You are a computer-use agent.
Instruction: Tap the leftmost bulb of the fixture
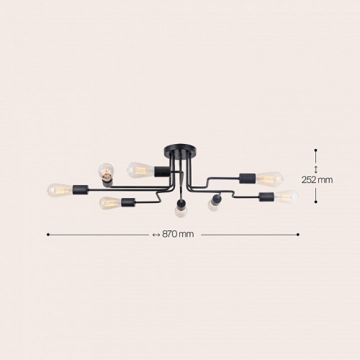tap(57, 190)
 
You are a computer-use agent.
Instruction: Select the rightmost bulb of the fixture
tap(287, 196)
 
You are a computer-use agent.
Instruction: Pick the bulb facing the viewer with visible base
tap(107, 171)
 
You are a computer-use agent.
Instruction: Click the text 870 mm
tap(179, 235)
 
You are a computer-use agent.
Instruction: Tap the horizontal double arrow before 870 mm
tap(156, 235)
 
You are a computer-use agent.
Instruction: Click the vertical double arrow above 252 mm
tap(316, 169)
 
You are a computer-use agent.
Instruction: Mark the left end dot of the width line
tap(48, 235)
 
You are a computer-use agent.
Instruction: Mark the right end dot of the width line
tap(299, 235)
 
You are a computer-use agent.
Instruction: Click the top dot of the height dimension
tap(316, 150)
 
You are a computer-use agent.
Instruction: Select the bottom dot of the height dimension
tap(316, 200)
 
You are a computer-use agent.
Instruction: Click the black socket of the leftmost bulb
tap(78, 190)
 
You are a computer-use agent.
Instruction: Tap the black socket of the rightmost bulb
tap(264, 196)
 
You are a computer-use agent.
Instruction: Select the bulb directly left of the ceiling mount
tap(137, 171)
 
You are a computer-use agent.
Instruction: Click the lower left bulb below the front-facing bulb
tap(109, 202)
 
